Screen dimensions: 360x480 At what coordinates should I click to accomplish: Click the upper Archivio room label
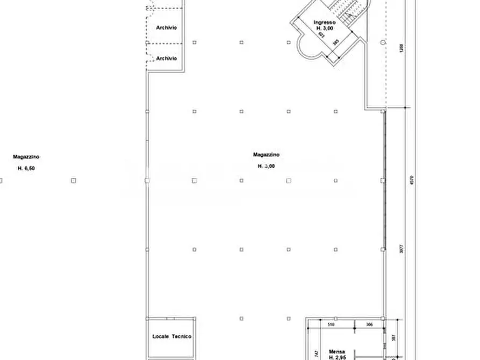point(167,27)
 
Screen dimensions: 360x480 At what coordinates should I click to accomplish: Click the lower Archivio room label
point(167,58)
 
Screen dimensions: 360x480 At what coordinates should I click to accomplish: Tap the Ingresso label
point(325,22)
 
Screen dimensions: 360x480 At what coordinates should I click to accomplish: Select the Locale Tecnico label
point(172,336)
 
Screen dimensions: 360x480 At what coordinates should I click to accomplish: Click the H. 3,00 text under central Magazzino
point(266,166)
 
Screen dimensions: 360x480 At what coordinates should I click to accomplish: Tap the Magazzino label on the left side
point(26,157)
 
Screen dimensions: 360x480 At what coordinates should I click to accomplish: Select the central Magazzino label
point(266,155)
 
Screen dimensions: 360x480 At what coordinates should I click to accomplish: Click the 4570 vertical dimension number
point(411,181)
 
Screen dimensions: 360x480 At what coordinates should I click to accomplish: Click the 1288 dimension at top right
point(400,47)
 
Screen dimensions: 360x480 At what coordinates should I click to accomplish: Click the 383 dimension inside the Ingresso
point(335,41)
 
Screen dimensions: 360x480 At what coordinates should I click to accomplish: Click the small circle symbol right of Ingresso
point(383,42)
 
